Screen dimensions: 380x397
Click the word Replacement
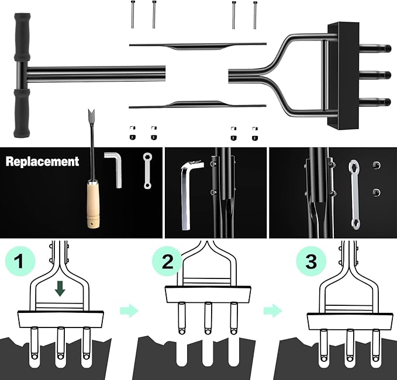(x=42, y=161)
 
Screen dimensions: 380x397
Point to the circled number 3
(x=310, y=261)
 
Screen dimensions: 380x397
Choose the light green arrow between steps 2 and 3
(x=272, y=311)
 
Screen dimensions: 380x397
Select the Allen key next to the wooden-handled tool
(x=113, y=169)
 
